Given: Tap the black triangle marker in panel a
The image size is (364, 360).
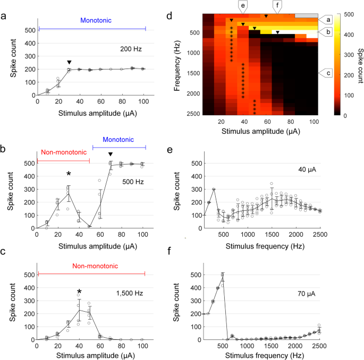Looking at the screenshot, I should point(69,63).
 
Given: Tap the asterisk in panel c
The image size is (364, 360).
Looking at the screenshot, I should point(79,292).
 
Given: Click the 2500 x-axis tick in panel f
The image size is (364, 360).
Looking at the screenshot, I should point(318,347).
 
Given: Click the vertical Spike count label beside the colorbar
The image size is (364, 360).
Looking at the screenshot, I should point(360,63).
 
